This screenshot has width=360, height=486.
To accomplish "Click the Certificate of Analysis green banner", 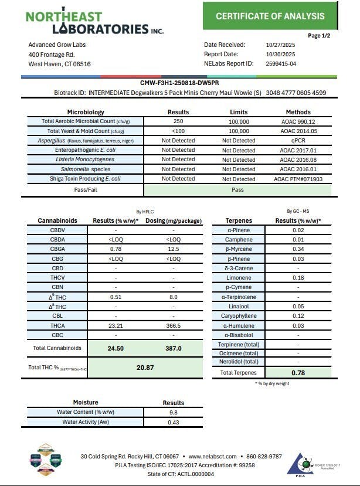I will tap(270, 16).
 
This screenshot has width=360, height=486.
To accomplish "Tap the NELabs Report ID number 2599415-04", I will tap(280, 63).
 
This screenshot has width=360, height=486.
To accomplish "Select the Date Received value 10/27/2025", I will tap(280, 45).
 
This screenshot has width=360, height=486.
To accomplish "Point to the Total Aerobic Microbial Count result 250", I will tap(178, 121).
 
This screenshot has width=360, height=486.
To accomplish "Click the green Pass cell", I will tap(238, 190).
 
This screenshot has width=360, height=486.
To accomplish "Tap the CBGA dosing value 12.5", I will tap(174, 249).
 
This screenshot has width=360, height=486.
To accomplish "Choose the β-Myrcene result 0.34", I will tap(298, 249).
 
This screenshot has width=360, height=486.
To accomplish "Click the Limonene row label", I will tap(239, 277).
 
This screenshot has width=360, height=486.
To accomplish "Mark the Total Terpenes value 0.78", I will tap(298, 372).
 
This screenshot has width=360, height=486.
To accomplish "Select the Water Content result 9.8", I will tap(173, 412).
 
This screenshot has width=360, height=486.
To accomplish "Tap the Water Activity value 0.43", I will tap(173, 422).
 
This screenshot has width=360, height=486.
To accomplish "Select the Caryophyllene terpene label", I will tap(239, 315).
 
